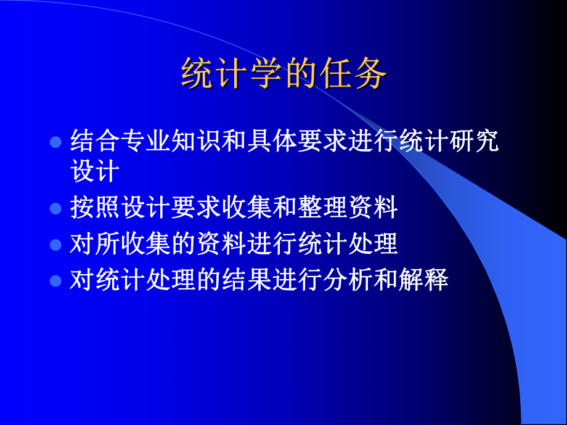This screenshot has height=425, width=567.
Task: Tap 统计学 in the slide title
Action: pyautogui.click(x=232, y=76)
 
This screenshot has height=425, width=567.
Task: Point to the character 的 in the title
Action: pyautogui.click(x=301, y=76)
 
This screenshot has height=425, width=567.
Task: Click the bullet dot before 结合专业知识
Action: pyautogui.click(x=55, y=142)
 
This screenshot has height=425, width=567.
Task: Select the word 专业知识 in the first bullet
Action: pyautogui.click(x=162, y=141)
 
